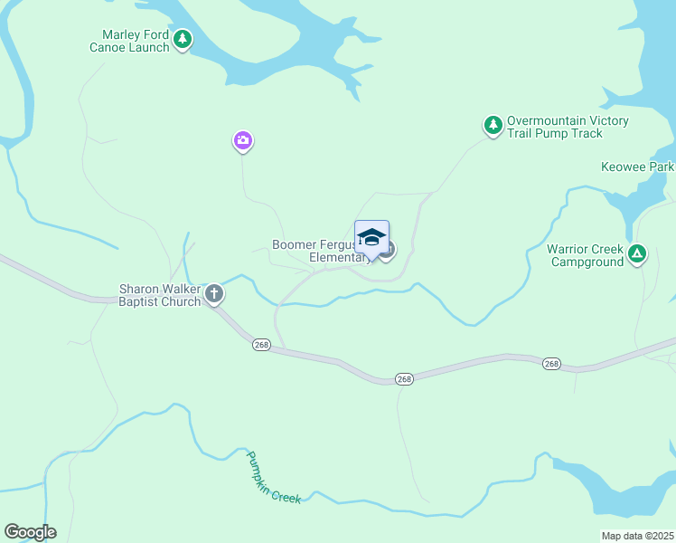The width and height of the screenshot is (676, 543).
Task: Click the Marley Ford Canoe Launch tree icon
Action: point(183,38)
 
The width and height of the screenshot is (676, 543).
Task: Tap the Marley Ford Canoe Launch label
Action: point(136,42)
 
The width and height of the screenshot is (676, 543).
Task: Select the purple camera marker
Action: point(242,140)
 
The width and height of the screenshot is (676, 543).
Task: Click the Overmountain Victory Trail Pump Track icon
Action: point(493,125)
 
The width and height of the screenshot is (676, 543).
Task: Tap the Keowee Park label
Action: point(636,167)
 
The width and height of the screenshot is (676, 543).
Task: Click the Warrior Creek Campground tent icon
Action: point(637,255)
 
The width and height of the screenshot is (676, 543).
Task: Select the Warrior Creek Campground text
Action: point(586,255)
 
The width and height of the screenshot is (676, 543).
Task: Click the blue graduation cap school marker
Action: point(371,238)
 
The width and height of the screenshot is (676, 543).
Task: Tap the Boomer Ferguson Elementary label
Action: point(321,251)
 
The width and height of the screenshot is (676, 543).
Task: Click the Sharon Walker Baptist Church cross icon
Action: point(214,293)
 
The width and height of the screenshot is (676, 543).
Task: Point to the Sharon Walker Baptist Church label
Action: point(160,295)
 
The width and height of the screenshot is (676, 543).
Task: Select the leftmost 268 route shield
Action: point(261,346)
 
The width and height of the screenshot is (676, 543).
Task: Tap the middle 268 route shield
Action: point(404,378)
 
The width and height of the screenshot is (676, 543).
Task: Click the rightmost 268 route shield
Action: point(551,363)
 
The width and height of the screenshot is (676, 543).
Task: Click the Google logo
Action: point(30,532)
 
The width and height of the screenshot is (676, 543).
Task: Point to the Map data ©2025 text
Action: point(637,536)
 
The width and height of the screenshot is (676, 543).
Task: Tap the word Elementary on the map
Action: point(337,257)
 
